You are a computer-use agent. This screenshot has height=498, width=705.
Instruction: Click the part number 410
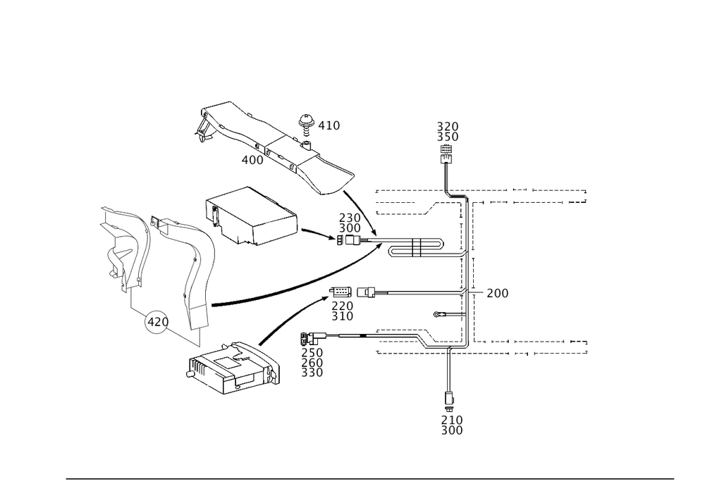[x=329, y=126]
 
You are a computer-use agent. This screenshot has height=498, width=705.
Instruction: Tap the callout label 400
[x=252, y=161]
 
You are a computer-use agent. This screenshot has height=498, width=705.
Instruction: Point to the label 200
[x=497, y=293]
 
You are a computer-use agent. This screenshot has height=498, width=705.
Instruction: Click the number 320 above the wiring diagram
[x=448, y=126]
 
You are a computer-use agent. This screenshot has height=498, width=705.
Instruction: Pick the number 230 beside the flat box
[x=350, y=218]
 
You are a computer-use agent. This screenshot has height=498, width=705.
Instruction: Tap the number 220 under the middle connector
[x=342, y=306]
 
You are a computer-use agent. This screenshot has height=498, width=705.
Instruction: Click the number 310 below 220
[x=342, y=317]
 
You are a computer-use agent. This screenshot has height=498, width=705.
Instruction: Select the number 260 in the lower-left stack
[x=312, y=363]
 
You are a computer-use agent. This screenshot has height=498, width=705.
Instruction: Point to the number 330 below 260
[x=312, y=373]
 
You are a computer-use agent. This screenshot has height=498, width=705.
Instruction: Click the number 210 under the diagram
[x=452, y=421]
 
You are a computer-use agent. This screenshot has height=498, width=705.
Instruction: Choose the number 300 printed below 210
[x=452, y=431]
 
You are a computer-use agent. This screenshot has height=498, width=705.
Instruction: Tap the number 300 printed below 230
[x=350, y=229]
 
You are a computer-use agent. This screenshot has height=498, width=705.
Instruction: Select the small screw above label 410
[x=305, y=120]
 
